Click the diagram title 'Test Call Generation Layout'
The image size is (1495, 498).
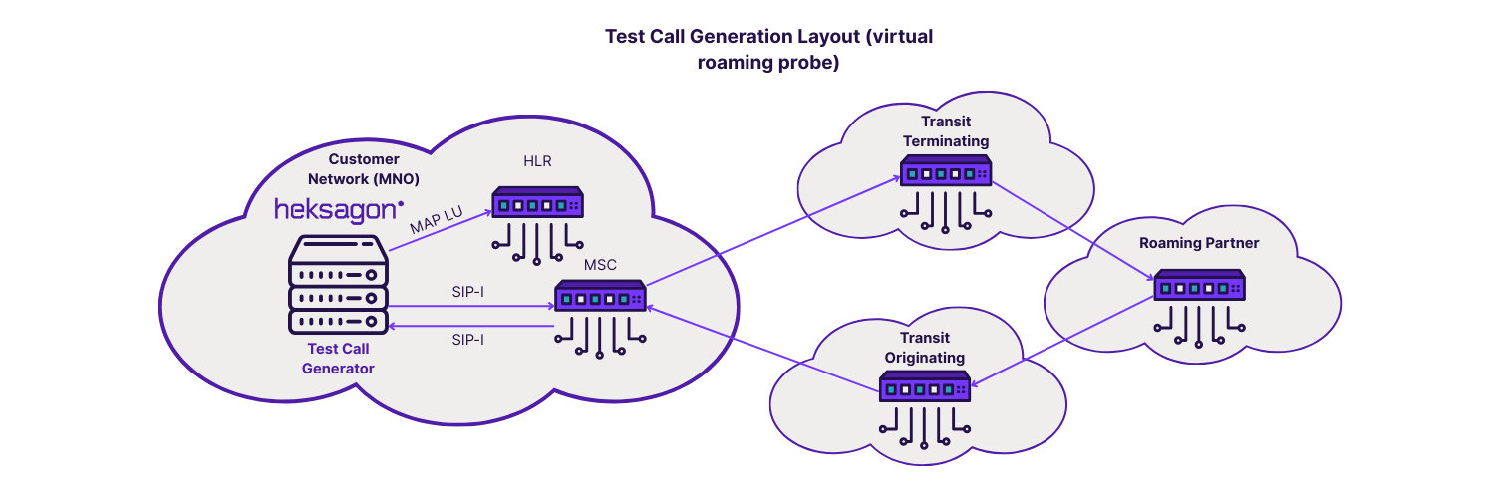[x=769, y=49]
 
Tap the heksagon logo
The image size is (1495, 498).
[x=339, y=209]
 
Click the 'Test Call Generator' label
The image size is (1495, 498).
[x=338, y=359]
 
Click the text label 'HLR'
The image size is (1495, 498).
[x=537, y=161]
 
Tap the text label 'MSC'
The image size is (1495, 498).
[x=601, y=265]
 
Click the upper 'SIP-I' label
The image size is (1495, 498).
[x=468, y=292]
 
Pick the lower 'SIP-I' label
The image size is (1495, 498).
[x=468, y=340]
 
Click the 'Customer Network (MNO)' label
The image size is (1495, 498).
[x=364, y=168]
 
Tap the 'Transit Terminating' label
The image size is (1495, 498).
[x=946, y=131]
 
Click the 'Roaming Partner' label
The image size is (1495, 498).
[x=1199, y=243]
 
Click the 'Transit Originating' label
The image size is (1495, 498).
[x=926, y=348]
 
